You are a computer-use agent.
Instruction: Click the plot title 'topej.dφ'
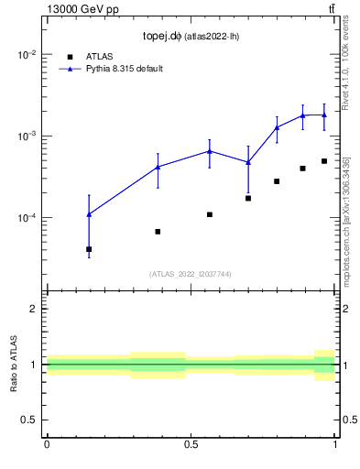(x=162, y=37)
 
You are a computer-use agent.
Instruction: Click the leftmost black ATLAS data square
(x=89, y=249)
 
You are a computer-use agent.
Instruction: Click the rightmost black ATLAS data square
(x=324, y=161)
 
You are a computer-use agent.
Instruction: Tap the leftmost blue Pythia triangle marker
(x=89, y=214)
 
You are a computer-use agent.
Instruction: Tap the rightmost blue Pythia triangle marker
(x=324, y=115)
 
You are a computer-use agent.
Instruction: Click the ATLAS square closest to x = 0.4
(x=158, y=232)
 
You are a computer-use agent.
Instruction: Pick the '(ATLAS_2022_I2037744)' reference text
(x=191, y=274)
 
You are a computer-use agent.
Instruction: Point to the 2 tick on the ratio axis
(x=34, y=309)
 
